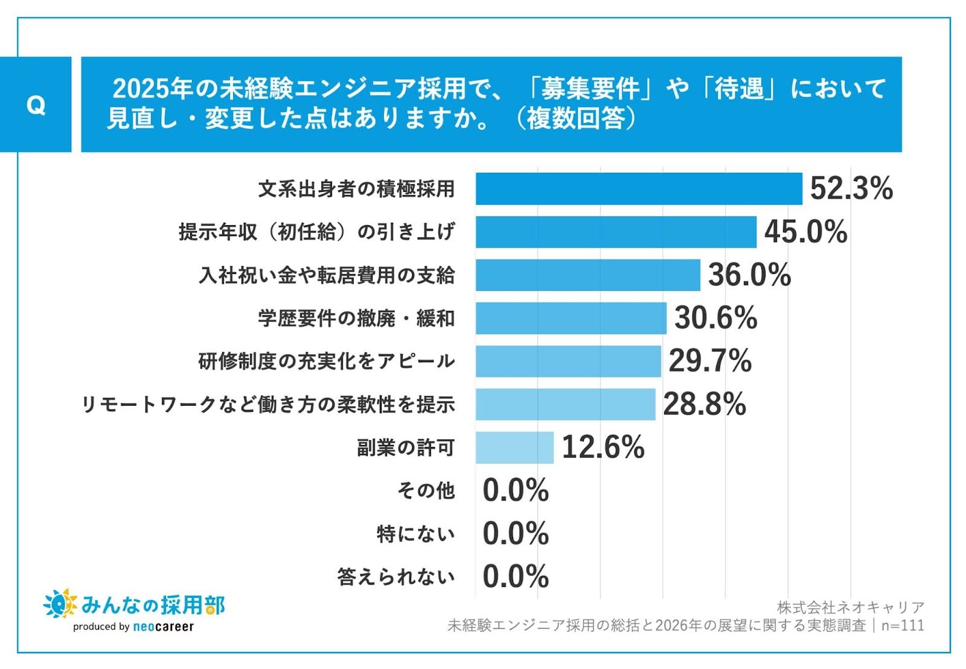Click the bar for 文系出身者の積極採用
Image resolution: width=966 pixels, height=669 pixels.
point(638,189)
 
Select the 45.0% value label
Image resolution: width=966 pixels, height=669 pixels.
point(805,232)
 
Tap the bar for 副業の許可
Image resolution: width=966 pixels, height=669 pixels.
point(514,447)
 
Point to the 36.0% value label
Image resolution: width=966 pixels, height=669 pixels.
point(749,275)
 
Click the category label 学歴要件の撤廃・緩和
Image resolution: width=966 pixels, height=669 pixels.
point(356,318)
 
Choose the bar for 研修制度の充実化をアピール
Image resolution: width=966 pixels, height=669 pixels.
point(568,361)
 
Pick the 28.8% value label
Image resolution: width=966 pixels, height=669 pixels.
point(705,405)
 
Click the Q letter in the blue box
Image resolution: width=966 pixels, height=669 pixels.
point(36,106)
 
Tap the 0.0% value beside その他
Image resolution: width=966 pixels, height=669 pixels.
point(516,490)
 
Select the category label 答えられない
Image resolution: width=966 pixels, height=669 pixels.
point(396,577)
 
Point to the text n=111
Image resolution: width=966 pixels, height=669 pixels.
point(903,626)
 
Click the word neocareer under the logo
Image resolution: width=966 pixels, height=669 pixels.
point(163,627)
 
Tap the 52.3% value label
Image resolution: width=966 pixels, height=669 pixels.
point(851,188)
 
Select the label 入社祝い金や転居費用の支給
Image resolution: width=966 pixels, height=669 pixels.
point(327,275)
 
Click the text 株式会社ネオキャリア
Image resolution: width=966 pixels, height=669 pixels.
point(850,607)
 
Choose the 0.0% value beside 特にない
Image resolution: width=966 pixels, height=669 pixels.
point(516,534)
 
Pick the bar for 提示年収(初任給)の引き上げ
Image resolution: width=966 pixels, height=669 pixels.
point(616,232)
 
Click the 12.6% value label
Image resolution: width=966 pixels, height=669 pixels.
point(603,447)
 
